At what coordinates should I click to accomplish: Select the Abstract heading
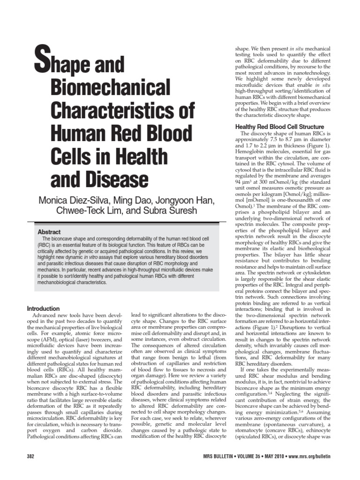(50, 232)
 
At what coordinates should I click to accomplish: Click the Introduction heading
(43, 308)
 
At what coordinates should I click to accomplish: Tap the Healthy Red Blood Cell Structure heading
(279, 127)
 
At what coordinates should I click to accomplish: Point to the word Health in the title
(140, 156)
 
